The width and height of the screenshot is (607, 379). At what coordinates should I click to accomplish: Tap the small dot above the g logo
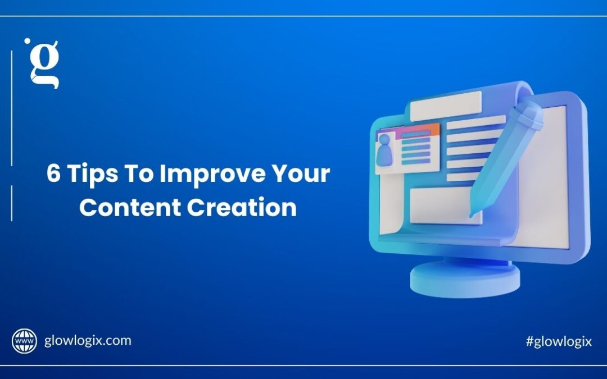[27, 40]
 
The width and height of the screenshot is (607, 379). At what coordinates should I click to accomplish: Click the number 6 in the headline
[53, 173]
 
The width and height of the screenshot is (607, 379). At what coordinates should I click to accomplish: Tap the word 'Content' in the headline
[130, 207]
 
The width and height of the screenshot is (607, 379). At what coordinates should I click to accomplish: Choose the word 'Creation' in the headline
[242, 207]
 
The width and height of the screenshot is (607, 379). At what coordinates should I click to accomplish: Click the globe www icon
[24, 341]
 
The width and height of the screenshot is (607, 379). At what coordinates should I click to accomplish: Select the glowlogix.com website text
[88, 341]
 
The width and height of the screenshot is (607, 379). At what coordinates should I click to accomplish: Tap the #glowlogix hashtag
[559, 341]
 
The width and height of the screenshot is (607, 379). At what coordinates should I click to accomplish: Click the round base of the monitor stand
[465, 278]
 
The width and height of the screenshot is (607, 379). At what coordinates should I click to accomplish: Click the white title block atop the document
[446, 106]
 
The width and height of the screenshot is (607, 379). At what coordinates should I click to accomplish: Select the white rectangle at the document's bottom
[445, 206]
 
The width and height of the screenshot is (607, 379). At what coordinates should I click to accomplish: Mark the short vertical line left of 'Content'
[12, 203]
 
